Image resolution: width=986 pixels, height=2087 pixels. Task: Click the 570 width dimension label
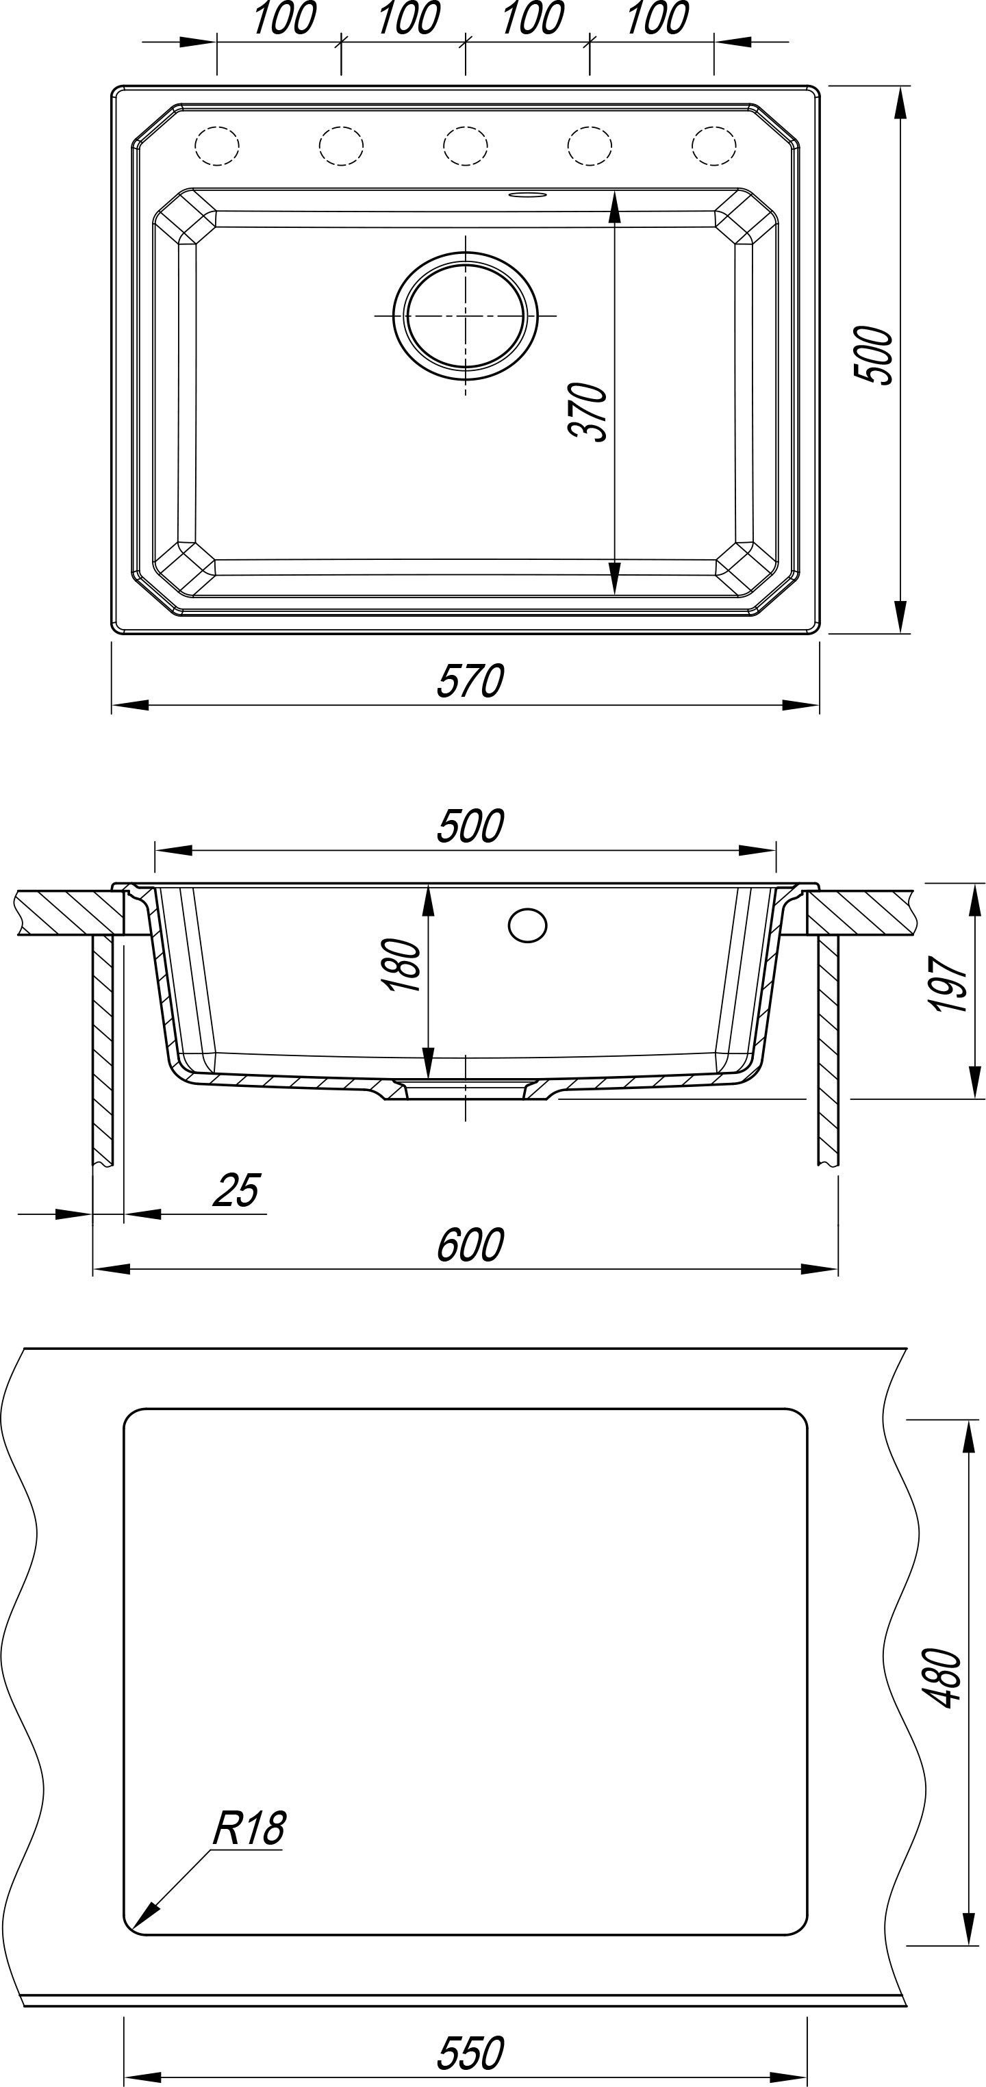(470, 680)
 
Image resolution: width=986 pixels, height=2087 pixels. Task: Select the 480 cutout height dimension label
(941, 1677)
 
